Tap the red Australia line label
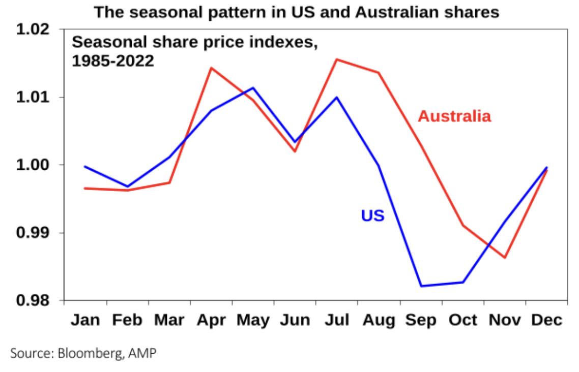pyautogui.click(x=454, y=116)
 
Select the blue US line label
pyautogui.click(x=372, y=216)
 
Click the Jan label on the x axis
pyautogui.click(x=85, y=320)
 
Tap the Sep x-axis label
pyautogui.click(x=421, y=320)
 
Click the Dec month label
pyautogui.click(x=546, y=320)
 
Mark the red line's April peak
pyautogui.click(x=211, y=68)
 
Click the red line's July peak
pyautogui.click(x=336, y=59)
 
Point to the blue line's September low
pyautogui.click(x=421, y=286)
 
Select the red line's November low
pyautogui.click(x=505, y=258)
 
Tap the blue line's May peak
pyautogui.click(x=253, y=87)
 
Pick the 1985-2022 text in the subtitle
pyautogui.click(x=113, y=61)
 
